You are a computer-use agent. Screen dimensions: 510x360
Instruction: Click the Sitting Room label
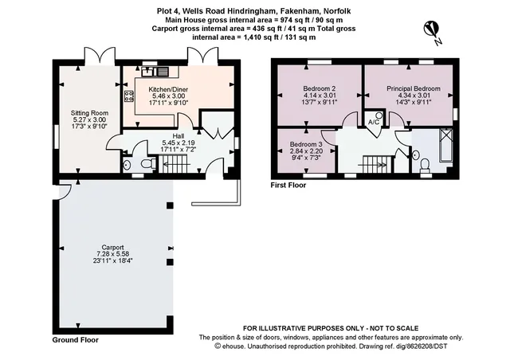89,113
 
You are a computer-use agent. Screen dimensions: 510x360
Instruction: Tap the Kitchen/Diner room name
168,89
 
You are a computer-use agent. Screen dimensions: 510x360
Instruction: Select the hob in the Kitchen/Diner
129,96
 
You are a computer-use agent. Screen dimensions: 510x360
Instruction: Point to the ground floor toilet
149,163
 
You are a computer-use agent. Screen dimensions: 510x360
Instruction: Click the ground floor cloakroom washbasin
127,165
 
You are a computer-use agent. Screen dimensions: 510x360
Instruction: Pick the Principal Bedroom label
414,88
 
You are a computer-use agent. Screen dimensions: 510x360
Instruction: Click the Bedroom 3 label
306,144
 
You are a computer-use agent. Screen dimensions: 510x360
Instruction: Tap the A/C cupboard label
374,123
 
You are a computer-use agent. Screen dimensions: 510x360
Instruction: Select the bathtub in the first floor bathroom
445,145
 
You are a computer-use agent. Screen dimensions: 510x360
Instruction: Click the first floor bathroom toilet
425,164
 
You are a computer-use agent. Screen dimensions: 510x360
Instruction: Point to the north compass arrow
432,29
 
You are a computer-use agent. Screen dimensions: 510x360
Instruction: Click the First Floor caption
288,185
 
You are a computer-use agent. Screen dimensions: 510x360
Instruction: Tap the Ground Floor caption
76,340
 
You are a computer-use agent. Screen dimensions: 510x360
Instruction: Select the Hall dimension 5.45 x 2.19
178,143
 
